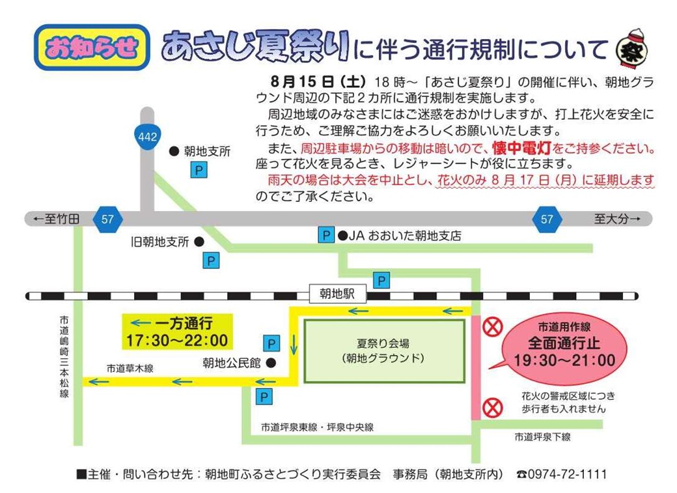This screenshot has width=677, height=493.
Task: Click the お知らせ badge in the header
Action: (x=92, y=47)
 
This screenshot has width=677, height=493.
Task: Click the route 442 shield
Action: (x=147, y=137)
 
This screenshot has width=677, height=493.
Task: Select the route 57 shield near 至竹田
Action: (x=107, y=219)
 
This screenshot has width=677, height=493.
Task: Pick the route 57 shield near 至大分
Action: (x=547, y=219)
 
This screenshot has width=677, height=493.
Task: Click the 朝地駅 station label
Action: (x=337, y=294)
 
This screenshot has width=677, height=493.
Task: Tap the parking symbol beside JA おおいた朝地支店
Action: (x=326, y=236)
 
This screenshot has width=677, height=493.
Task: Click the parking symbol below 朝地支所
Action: (x=199, y=170)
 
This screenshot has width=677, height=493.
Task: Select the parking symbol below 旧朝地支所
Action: (x=211, y=261)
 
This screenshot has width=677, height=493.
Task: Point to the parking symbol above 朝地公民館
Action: (x=271, y=343)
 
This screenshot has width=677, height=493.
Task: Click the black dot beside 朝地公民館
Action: (x=271, y=363)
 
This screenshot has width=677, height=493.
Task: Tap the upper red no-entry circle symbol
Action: (x=492, y=326)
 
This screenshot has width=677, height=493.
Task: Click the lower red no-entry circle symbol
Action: (x=492, y=408)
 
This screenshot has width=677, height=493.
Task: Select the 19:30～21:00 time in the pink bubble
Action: (x=564, y=360)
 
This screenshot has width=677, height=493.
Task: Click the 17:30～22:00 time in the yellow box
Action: (x=177, y=341)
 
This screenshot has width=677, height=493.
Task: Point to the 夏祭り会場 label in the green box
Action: (x=383, y=343)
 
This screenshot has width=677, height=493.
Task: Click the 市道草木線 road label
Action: (x=130, y=369)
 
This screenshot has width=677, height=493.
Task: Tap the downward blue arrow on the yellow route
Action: (x=294, y=345)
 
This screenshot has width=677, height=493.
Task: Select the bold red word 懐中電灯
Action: (x=521, y=148)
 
